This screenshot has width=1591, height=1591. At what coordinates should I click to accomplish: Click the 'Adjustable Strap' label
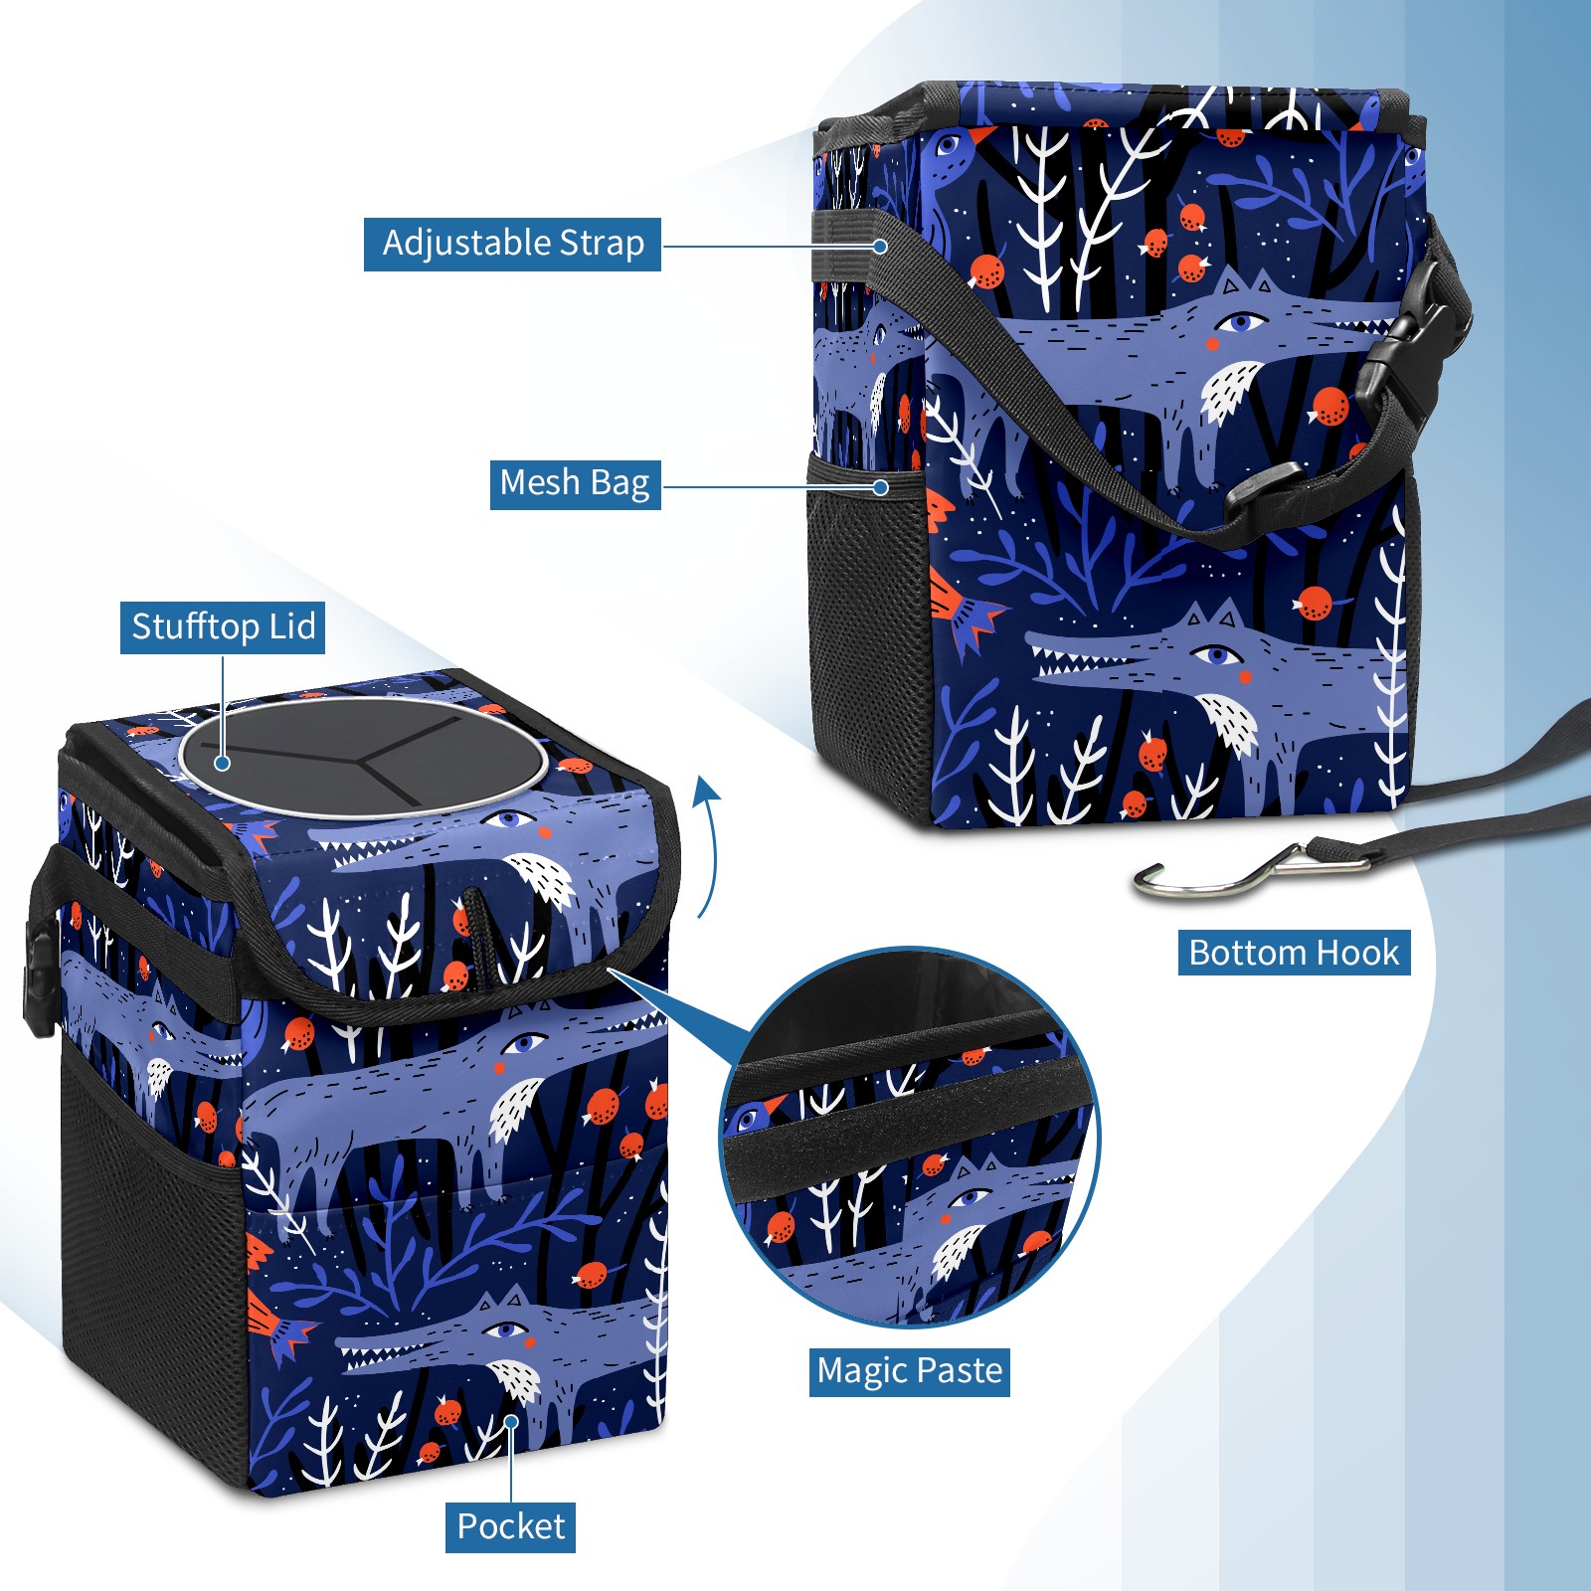512,244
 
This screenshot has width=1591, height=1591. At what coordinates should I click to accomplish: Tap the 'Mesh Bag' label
575,483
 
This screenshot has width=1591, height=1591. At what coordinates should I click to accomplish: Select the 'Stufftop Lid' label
223,627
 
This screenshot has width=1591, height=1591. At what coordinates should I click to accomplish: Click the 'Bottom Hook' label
1294,953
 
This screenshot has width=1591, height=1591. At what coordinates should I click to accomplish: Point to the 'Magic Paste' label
909,1371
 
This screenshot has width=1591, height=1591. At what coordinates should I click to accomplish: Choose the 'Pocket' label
510,1526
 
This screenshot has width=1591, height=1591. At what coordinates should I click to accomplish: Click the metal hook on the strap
1248,870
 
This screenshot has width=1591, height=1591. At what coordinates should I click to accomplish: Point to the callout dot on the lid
223,763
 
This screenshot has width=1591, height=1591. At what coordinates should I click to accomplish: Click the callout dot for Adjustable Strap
880,246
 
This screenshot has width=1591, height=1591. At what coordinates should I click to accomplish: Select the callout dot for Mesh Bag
880,487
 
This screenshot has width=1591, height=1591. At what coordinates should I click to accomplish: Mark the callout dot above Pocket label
510,1422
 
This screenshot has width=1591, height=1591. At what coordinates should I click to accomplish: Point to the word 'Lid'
291,627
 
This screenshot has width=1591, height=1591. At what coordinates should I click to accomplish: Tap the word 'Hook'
1353,953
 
